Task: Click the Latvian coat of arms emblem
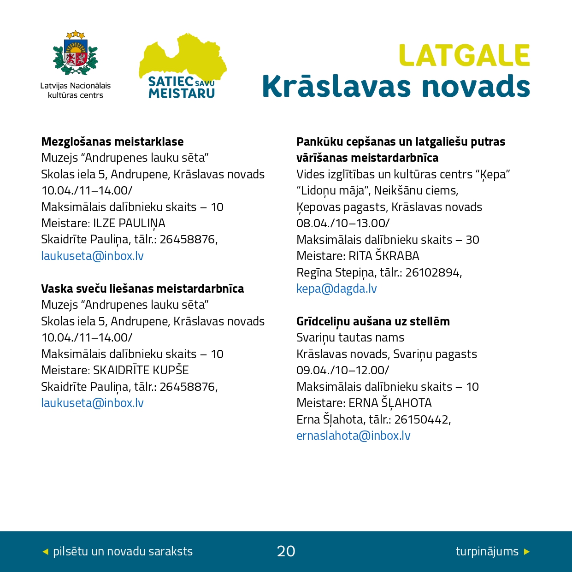tap(76, 54)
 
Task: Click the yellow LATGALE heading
tap(464, 56)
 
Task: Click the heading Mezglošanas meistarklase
tap(112, 142)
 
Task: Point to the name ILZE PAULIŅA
tap(129, 224)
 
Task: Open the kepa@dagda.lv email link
tap(336, 289)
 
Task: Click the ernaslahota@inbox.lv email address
tap(353, 436)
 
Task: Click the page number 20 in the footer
tap(286, 551)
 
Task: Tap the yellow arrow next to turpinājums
tap(527, 551)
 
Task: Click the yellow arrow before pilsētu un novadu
tap(45, 551)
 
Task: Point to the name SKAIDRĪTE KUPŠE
tap(141, 371)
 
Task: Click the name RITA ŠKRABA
tap(384, 256)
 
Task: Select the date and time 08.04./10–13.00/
tap(343, 224)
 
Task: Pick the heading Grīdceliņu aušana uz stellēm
tap(373, 321)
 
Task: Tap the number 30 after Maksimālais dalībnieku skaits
tap(472, 240)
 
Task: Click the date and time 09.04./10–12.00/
tap(342, 371)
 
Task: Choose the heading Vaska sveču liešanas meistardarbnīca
tap(142, 289)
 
